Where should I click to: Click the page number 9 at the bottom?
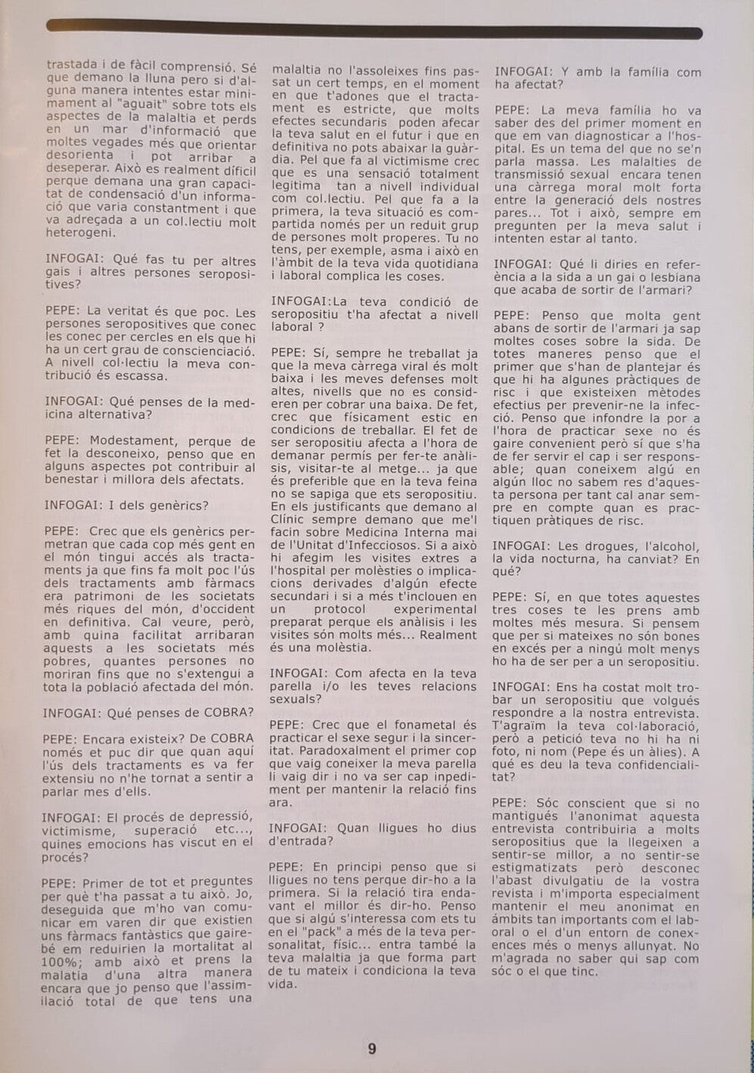pos(371,1049)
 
